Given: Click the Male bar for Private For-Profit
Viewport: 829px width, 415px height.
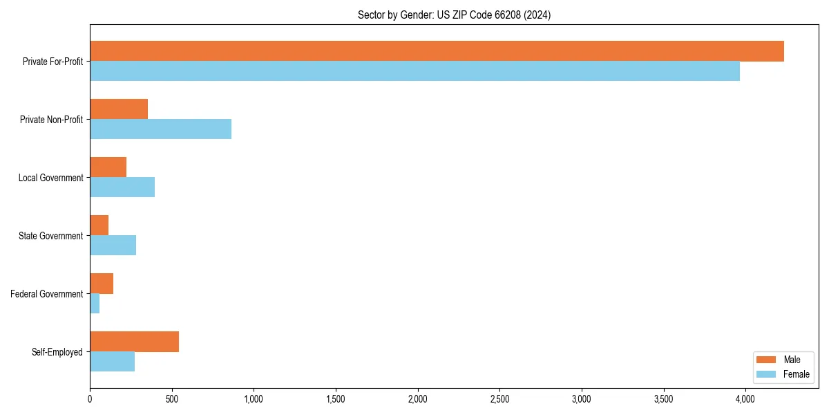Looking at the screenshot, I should pyautogui.click(x=437, y=51).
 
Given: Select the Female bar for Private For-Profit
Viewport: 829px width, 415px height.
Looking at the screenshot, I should pyautogui.click(x=414, y=71).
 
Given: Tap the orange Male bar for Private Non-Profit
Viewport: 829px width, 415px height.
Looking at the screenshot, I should pyautogui.click(x=119, y=109).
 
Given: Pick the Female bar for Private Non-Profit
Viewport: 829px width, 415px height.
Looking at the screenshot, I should pyautogui.click(x=160, y=129).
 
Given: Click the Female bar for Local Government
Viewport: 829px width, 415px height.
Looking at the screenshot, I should pyautogui.click(x=122, y=187).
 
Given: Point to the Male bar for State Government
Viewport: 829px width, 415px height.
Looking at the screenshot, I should pyautogui.click(x=99, y=225).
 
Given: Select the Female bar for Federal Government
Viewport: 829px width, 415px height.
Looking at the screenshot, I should pyautogui.click(x=95, y=304).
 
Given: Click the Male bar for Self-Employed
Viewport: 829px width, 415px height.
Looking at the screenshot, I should pyautogui.click(x=134, y=342).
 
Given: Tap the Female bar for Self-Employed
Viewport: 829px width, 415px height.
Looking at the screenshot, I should pyautogui.click(x=112, y=362).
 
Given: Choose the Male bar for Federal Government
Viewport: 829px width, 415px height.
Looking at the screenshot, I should pyautogui.click(x=102, y=284).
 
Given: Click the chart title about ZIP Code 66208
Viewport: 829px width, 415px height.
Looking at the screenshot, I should pyautogui.click(x=454, y=15).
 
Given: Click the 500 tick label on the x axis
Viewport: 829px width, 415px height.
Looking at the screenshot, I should pyautogui.click(x=172, y=399).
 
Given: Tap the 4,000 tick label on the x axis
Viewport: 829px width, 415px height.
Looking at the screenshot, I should pyautogui.click(x=745, y=399).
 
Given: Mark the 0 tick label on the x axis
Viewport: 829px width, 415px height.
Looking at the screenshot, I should pyautogui.click(x=90, y=399).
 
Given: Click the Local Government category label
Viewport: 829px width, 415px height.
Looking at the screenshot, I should pyautogui.click(x=50, y=178).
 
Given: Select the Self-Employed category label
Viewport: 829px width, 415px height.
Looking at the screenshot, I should pyautogui.click(x=57, y=352).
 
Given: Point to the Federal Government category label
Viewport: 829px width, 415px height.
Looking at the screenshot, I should pyautogui.click(x=46, y=294).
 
